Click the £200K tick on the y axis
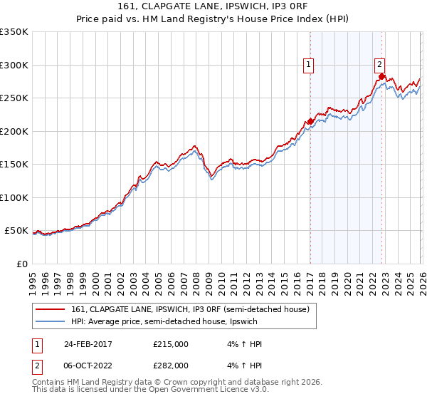click(x=14, y=131)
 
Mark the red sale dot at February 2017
click(x=310, y=121)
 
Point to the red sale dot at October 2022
click(x=382, y=77)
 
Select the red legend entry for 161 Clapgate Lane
click(x=189, y=309)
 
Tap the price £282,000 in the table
click(x=171, y=364)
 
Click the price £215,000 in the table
click(x=171, y=344)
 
